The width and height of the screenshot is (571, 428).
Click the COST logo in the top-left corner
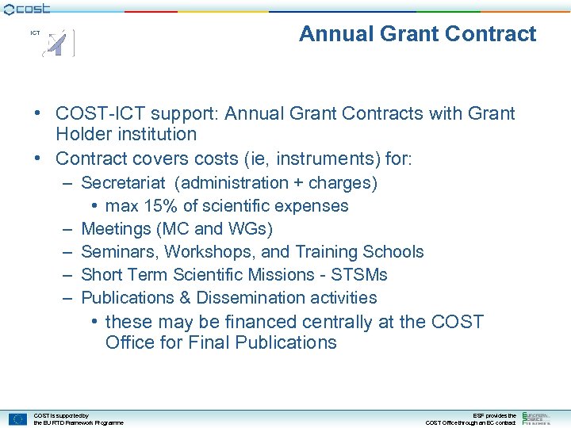(x=27, y=9)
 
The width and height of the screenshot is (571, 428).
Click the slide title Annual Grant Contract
(x=417, y=34)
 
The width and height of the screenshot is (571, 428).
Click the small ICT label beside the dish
(x=35, y=33)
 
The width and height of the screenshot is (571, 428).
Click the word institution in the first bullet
(x=157, y=135)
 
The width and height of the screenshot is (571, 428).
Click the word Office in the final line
(x=130, y=343)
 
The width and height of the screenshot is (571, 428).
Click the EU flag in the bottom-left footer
(x=17, y=418)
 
